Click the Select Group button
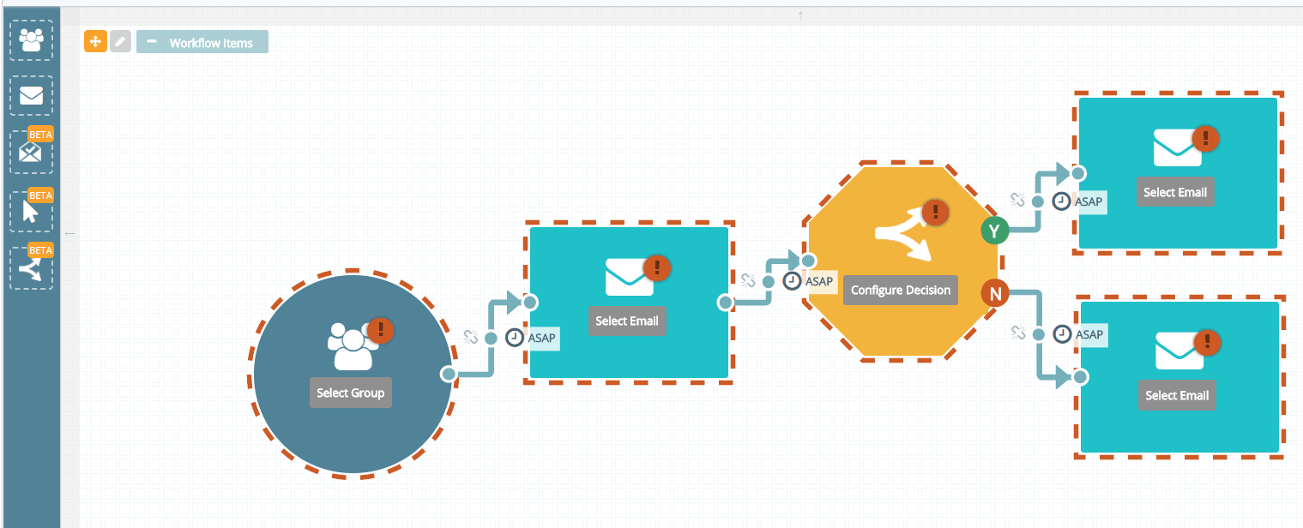point(350,393)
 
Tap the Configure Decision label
point(900,291)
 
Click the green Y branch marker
point(994,231)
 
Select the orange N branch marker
point(995,295)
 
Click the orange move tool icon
point(95,41)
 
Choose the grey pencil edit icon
point(120,41)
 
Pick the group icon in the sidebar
point(32,40)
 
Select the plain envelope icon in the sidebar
point(32,95)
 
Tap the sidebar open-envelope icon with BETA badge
point(32,153)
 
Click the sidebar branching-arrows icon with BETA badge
point(32,267)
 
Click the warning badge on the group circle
point(380,330)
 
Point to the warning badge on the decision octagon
point(935,211)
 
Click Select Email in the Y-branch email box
point(1174,193)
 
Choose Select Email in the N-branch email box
point(1176,395)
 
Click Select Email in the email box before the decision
point(627,321)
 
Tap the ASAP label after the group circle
point(541,338)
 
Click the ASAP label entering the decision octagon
point(819,281)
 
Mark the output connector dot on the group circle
point(448,374)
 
